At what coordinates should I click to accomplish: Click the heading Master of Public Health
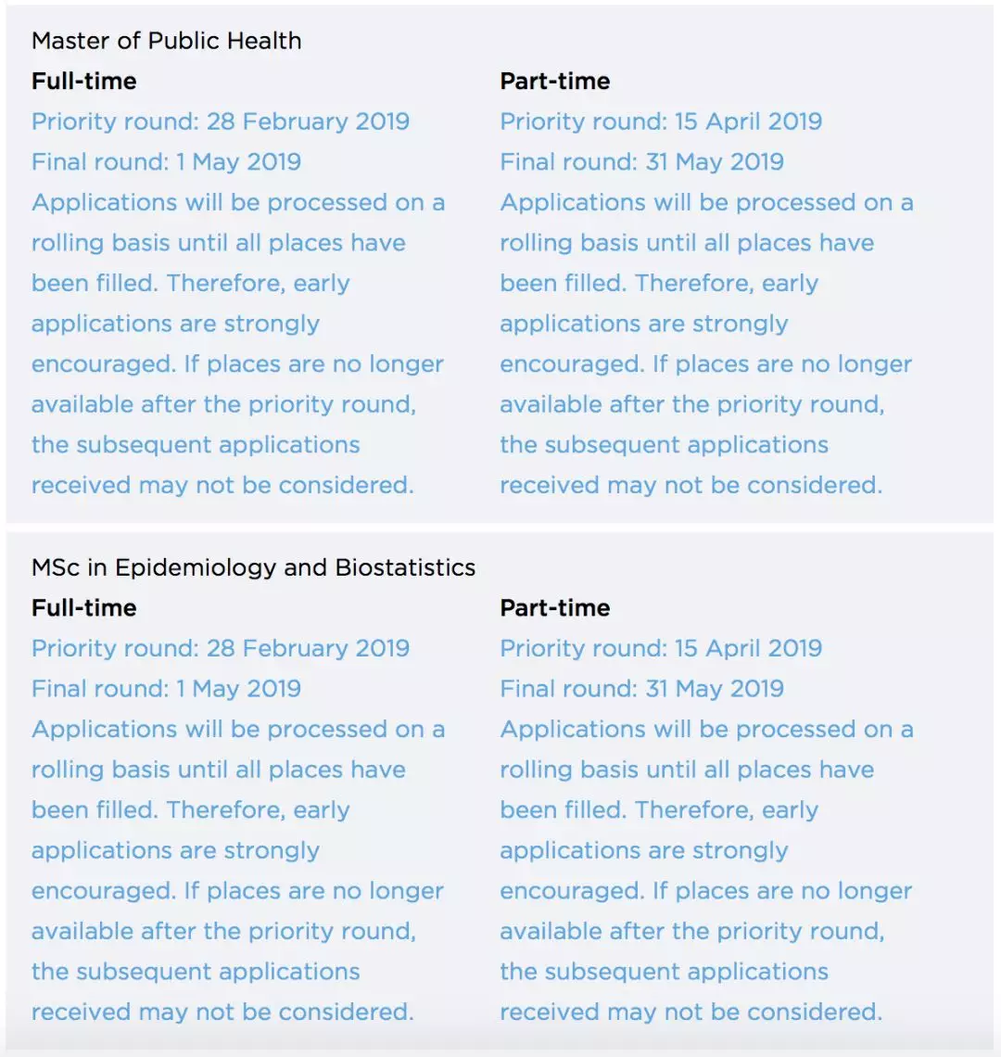tap(166, 41)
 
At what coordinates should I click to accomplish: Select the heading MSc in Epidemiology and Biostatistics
tap(253, 567)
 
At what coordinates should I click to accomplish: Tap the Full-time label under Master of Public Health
tap(84, 82)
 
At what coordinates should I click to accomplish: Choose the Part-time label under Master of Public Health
tap(554, 82)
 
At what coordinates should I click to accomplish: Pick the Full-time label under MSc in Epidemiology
tap(84, 608)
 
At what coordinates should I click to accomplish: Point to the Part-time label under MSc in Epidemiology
tap(554, 608)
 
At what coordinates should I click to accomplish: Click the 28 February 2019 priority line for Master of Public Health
tap(221, 121)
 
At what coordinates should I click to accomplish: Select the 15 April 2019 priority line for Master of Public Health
tap(661, 121)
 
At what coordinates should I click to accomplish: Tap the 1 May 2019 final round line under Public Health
tap(166, 162)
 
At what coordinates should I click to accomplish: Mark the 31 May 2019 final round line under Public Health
tap(641, 162)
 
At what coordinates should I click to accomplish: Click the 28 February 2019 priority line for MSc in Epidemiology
tap(221, 648)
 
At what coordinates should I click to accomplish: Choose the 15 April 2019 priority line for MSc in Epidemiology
tap(661, 648)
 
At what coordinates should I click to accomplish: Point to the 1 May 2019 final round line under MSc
tap(166, 689)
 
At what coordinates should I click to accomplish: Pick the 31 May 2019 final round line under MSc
tap(641, 689)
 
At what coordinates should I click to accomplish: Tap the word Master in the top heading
tap(66, 41)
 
